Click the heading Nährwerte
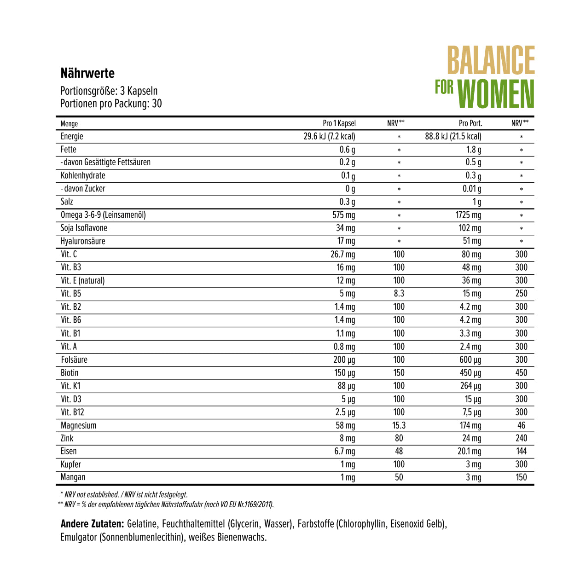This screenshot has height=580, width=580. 87,73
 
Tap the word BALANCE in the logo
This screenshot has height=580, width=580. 491,60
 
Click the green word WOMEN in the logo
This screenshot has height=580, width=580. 496,94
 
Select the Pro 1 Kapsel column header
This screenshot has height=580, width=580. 339,123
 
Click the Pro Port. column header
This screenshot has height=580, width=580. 470,123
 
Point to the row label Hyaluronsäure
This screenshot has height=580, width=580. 83,241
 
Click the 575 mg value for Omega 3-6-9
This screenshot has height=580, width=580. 344,215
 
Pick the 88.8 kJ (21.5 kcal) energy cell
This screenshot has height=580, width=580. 453,136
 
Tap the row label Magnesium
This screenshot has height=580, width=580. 78,425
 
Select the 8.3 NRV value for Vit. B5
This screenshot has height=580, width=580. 399,294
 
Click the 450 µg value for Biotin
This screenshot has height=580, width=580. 470,373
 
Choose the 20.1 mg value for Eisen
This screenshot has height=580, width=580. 470,452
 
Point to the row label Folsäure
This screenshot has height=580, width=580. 74,360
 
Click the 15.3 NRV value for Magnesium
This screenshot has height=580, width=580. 399,425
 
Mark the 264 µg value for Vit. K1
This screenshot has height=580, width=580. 470,386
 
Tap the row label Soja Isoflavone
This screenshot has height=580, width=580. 84,228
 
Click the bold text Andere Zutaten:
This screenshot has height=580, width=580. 92,524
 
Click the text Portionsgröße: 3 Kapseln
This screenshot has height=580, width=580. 109,91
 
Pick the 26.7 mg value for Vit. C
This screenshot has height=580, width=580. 343,254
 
